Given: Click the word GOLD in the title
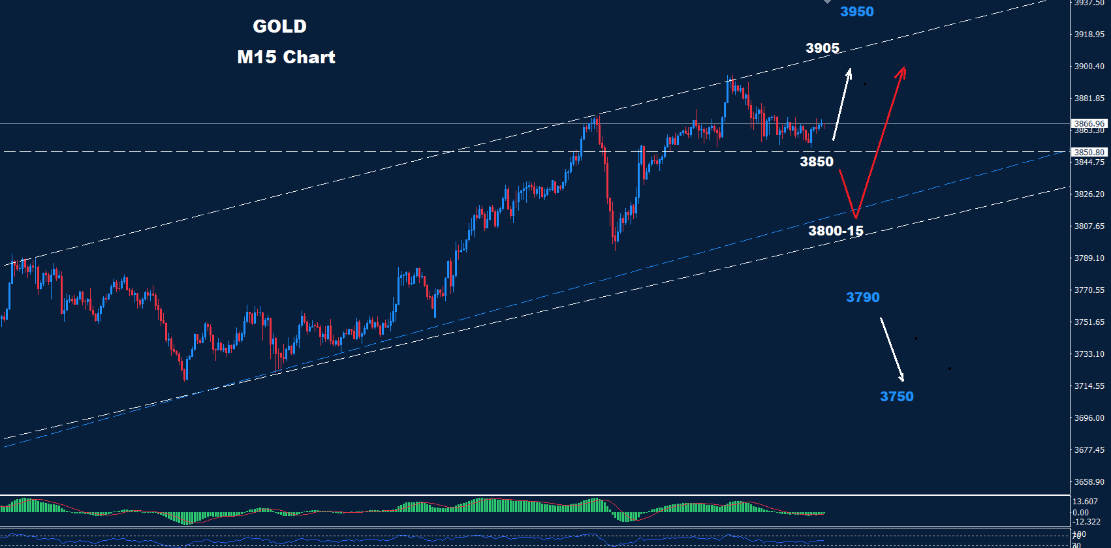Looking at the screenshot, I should pyautogui.click(x=279, y=27).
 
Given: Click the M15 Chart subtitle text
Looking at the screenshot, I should pyautogui.click(x=286, y=57).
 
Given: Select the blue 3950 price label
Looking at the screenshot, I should pyautogui.click(x=856, y=12).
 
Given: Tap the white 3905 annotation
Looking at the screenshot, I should pyautogui.click(x=822, y=48).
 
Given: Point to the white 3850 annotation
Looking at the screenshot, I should pyautogui.click(x=817, y=162).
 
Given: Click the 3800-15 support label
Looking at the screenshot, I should pyautogui.click(x=836, y=231).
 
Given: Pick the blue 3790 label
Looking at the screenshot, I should pyautogui.click(x=863, y=297).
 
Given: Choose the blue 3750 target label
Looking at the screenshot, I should pyautogui.click(x=896, y=397).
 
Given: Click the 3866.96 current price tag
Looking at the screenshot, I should pyautogui.click(x=1089, y=123).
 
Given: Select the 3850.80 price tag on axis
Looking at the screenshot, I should pyautogui.click(x=1089, y=153).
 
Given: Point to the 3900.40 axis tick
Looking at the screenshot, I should pyautogui.click(x=1089, y=67).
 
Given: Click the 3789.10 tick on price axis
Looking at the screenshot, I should pyautogui.click(x=1089, y=258).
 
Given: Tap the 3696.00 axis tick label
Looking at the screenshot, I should pyautogui.click(x=1089, y=418).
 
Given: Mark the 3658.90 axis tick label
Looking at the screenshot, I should pyautogui.click(x=1089, y=482).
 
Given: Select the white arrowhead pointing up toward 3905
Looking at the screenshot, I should pyautogui.click(x=850, y=70).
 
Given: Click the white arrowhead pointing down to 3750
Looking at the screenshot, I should pyautogui.click(x=903, y=379).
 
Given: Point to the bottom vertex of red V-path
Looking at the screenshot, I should pyautogui.click(x=855, y=217).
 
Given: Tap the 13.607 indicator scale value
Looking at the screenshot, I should pyautogui.click(x=1085, y=502).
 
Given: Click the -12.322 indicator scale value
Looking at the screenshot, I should pyautogui.click(x=1086, y=522).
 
